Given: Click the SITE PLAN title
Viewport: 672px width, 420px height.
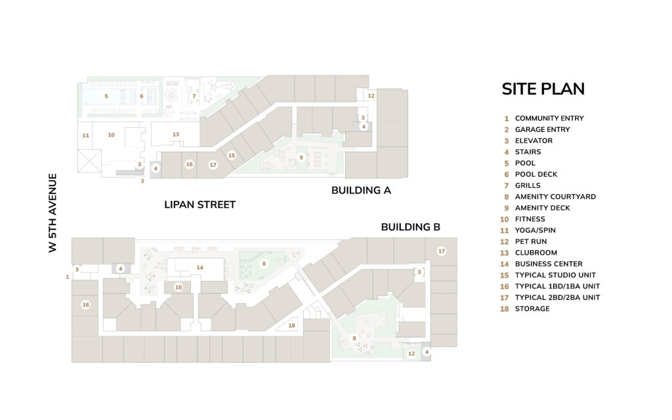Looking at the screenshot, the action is pyautogui.click(x=543, y=89).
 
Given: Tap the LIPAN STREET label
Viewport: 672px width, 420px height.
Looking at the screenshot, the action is pyautogui.click(x=199, y=205).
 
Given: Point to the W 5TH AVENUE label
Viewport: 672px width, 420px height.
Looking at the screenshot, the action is pyautogui.click(x=52, y=213).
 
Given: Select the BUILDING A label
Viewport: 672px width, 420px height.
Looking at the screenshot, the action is pyautogui.click(x=361, y=190).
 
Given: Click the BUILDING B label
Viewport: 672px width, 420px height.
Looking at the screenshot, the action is pyautogui.click(x=411, y=227).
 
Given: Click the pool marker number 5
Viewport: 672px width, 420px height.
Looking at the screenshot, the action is pyautogui.click(x=106, y=96).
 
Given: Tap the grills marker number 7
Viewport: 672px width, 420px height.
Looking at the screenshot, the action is pyautogui.click(x=194, y=96).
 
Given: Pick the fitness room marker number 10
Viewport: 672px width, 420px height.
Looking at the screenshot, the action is pyautogui.click(x=111, y=135).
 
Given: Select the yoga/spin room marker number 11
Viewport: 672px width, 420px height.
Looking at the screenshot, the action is pyautogui.click(x=86, y=135).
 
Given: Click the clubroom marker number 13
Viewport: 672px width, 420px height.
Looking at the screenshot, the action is pyautogui.click(x=176, y=135).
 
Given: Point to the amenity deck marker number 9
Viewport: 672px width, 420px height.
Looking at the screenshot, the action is pyautogui.click(x=301, y=157).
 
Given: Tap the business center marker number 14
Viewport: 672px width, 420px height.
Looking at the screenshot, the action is pyautogui.click(x=199, y=268).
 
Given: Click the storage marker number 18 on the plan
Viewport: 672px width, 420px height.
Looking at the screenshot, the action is pyautogui.click(x=292, y=325).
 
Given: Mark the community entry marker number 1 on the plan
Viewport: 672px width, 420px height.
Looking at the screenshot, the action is pyautogui.click(x=68, y=277).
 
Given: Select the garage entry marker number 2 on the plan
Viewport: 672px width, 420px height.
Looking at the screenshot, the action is pyautogui.click(x=142, y=181).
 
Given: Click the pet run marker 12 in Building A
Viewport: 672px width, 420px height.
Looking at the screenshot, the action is pyautogui.click(x=371, y=96).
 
